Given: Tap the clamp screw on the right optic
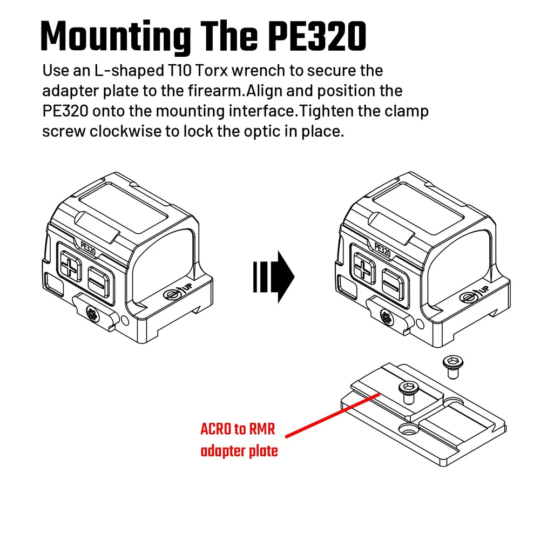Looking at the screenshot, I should tap(386, 316).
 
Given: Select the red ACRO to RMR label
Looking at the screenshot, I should tap(238, 430).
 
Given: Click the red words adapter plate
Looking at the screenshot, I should tap(239, 451).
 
